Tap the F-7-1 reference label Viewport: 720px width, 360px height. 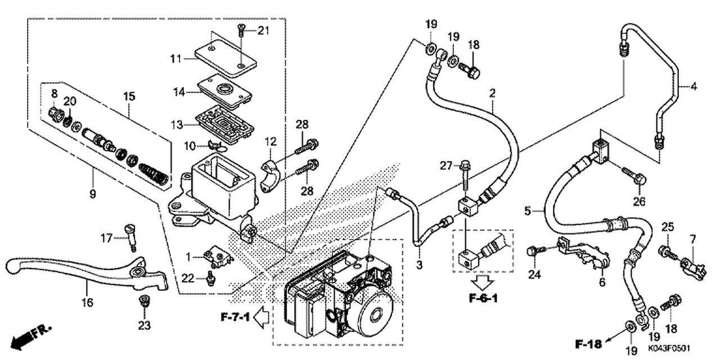coord(234,318)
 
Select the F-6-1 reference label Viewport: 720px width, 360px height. coord(483,298)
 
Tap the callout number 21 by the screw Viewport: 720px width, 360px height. coord(263,30)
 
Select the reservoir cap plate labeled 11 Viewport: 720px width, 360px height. coord(226,54)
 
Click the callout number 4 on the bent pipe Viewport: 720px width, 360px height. coord(694,87)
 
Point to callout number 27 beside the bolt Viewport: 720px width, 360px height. coord(446,165)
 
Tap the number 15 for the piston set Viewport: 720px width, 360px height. coord(129,96)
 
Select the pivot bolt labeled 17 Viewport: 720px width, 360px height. coord(132,236)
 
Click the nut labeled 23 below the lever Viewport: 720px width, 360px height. coord(144,300)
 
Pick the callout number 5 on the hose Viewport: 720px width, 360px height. coord(528,211)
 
